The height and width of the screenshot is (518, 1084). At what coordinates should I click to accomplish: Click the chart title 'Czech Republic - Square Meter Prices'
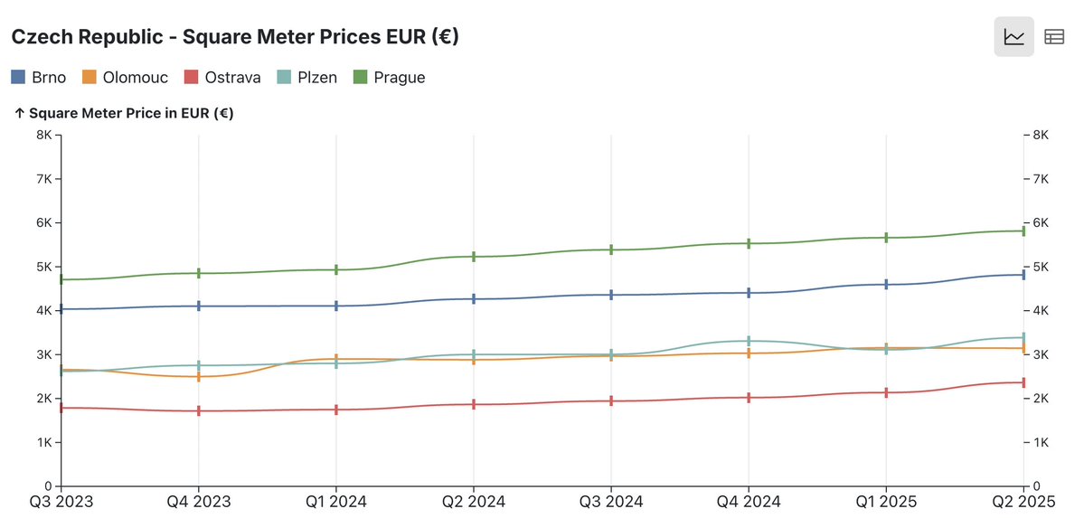[x=234, y=37]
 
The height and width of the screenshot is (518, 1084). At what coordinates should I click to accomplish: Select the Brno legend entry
[x=39, y=77]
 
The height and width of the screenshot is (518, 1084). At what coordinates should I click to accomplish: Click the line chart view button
[x=1014, y=37]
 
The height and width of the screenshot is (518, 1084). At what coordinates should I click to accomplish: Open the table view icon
[x=1053, y=37]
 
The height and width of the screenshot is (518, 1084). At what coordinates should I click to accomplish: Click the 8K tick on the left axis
[x=43, y=135]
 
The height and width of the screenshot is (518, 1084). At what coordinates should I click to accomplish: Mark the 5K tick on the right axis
[x=1039, y=267]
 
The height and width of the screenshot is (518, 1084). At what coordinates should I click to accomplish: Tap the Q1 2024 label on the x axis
[x=336, y=501]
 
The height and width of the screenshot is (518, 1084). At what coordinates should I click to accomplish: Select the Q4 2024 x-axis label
[x=749, y=501]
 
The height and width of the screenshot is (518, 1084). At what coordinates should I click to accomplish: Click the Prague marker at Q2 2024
[x=474, y=257]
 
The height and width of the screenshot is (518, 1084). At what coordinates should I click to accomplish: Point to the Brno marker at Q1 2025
[x=886, y=284]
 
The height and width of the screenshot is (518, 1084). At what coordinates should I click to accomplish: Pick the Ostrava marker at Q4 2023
[x=199, y=410]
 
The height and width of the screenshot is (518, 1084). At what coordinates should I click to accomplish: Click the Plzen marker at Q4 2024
[x=749, y=341]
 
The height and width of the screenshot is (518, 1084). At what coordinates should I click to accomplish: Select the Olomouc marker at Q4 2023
[x=199, y=376]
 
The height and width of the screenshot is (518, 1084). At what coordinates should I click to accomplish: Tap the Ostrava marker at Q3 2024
[x=611, y=400]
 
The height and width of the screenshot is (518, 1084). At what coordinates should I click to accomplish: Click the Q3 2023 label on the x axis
[x=61, y=501]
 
